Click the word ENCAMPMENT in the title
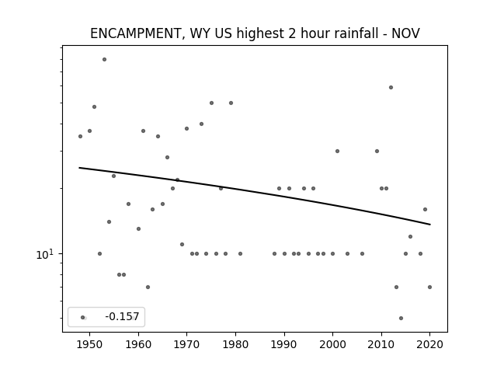(135, 33)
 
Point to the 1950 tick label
(90, 344)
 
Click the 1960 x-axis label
(138, 344)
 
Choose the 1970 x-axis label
(186, 344)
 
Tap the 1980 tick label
(235, 344)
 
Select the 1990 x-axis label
(284, 344)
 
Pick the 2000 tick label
(332, 344)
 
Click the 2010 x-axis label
(381, 344)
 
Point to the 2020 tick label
(429, 344)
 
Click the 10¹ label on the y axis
(45, 254)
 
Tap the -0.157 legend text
(122, 316)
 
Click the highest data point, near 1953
(104, 59)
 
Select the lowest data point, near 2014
(401, 318)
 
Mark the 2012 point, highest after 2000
(391, 87)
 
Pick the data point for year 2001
(337, 151)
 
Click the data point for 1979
(231, 103)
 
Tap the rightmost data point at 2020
(429, 287)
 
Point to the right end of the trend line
(430, 225)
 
